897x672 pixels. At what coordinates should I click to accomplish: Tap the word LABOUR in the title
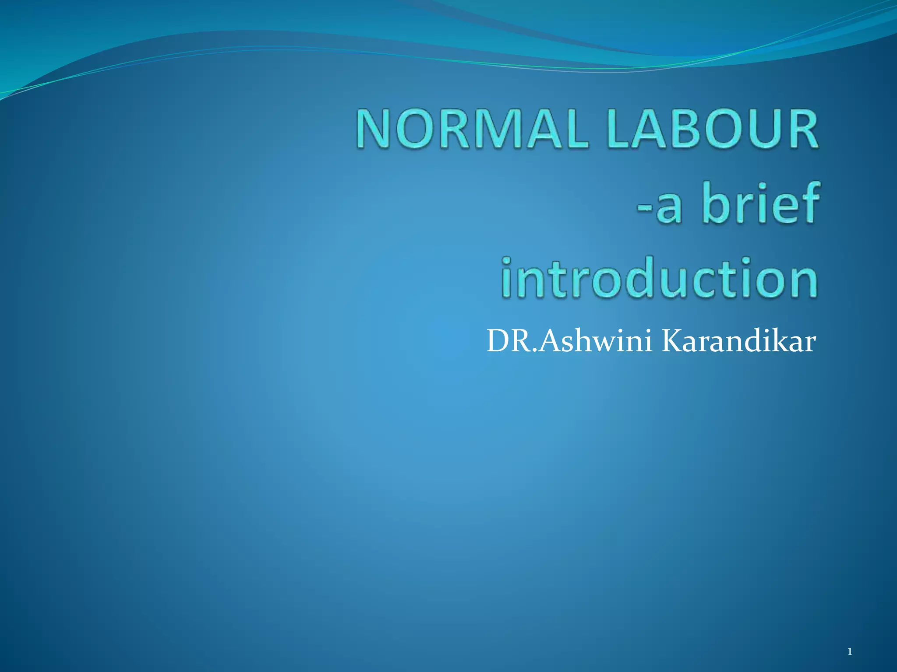pyautogui.click(x=712, y=129)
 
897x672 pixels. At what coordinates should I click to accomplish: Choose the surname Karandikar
pyautogui.click(x=738, y=341)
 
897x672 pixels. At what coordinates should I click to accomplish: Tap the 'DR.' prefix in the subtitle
pyautogui.click(x=512, y=341)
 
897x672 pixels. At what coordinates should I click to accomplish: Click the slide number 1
pyautogui.click(x=850, y=652)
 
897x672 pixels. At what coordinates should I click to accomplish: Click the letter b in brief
pyautogui.click(x=717, y=203)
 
